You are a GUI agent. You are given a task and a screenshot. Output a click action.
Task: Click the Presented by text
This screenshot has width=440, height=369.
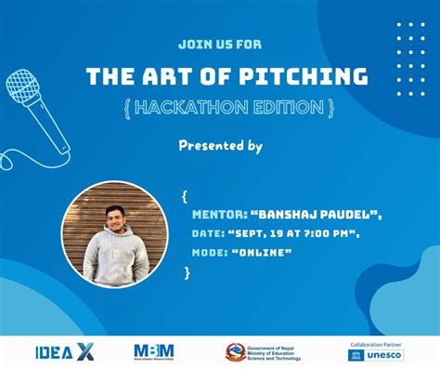point(220,146)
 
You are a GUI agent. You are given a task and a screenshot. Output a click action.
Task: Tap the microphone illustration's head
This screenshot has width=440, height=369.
point(24,87)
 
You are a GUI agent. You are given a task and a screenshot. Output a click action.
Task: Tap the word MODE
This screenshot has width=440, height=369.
point(209,252)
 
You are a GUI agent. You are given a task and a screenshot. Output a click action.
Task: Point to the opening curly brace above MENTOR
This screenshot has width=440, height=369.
point(186,196)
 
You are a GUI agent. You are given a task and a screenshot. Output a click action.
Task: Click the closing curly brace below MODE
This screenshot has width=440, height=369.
point(187,271)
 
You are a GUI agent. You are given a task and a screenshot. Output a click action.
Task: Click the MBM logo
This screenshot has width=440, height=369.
point(154,351)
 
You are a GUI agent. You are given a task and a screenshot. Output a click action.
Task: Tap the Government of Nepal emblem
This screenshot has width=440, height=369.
point(236,352)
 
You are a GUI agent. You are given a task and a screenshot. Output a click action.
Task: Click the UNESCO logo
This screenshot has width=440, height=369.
point(376,355)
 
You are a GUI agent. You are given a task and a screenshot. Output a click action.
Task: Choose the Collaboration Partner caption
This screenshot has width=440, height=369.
point(376,343)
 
